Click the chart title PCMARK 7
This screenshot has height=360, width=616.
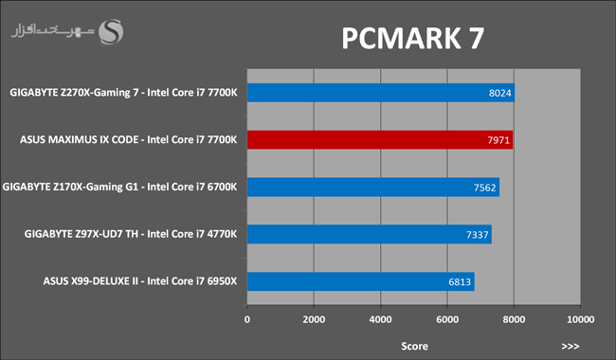(x=412, y=38)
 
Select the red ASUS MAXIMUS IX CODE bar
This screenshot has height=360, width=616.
(x=380, y=140)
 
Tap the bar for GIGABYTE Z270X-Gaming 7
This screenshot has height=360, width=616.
(x=381, y=93)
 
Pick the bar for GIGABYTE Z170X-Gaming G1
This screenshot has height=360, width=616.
(x=373, y=187)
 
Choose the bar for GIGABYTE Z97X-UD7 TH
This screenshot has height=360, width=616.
(x=370, y=234)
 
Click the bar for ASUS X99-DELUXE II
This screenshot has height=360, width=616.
(x=361, y=281)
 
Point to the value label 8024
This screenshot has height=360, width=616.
(x=499, y=93)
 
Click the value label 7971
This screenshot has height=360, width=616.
(x=498, y=140)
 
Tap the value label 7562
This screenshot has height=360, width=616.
(x=485, y=188)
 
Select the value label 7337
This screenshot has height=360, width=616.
(x=478, y=235)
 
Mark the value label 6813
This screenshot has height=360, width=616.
(x=460, y=282)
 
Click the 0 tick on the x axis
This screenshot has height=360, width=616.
(x=247, y=319)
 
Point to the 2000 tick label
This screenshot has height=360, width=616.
(x=314, y=319)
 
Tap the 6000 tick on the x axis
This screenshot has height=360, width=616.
(x=447, y=319)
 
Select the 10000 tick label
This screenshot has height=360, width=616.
(x=581, y=319)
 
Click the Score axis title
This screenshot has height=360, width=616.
(x=414, y=346)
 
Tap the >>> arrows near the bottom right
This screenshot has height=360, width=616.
(x=571, y=346)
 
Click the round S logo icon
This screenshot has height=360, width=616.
(x=111, y=32)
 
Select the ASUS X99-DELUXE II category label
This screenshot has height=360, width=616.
(x=140, y=281)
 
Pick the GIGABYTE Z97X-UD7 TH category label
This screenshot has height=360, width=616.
(x=131, y=234)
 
